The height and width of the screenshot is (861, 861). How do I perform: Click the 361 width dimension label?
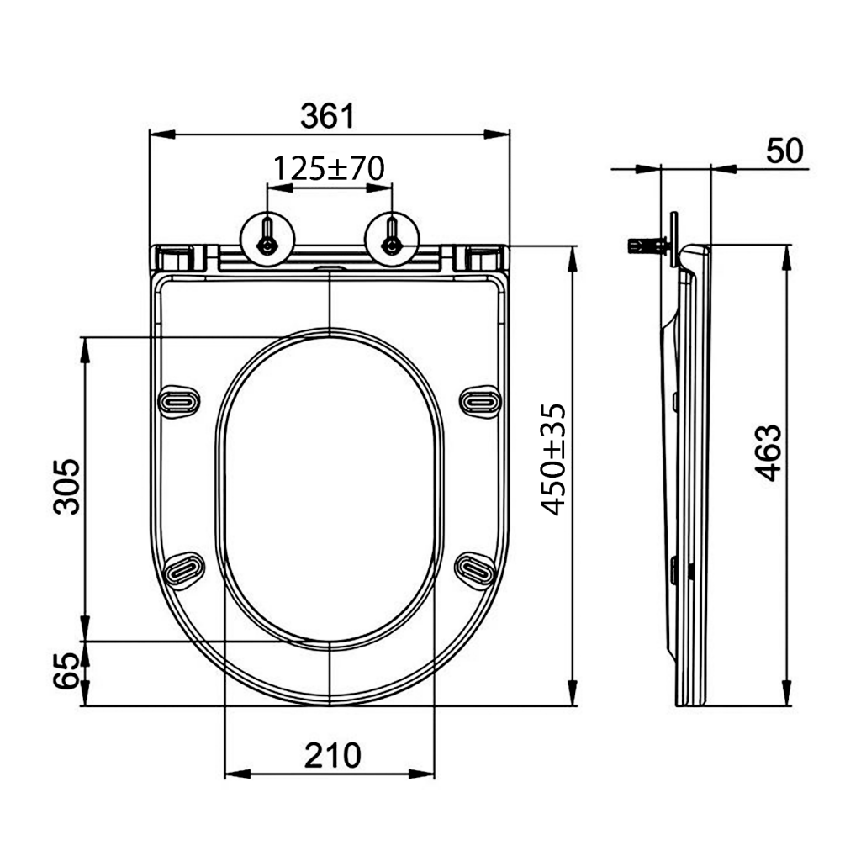pos(328,116)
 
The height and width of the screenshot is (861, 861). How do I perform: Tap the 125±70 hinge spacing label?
pos(328,169)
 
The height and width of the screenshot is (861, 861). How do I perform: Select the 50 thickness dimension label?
pos(784,151)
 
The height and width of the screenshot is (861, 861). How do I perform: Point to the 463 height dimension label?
pos(767,453)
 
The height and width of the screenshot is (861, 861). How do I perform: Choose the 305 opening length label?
pos(66,486)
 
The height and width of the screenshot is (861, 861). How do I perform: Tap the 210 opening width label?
pos(331,755)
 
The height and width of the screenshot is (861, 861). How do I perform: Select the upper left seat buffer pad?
pos(181,400)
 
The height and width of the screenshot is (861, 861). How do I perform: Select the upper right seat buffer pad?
pos(481,400)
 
